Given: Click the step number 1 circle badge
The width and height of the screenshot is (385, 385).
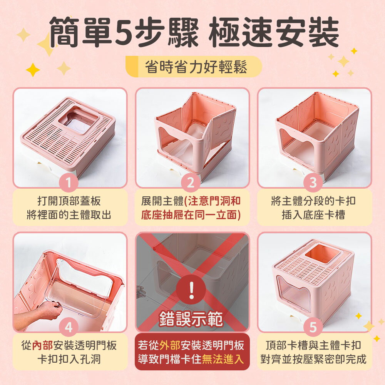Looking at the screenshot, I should click(x=69, y=184).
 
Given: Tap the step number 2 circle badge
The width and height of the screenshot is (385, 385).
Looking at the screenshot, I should click(x=191, y=184).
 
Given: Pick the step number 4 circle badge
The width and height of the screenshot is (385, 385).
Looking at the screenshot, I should click(x=69, y=328).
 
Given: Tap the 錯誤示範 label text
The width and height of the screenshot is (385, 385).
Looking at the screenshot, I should click(x=191, y=320).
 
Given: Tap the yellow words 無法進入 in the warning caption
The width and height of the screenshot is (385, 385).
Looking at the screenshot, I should click(x=223, y=359).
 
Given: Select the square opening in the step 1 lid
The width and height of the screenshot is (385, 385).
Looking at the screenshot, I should click(x=79, y=120).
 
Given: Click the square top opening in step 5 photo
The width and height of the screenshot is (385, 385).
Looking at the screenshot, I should click(x=322, y=254).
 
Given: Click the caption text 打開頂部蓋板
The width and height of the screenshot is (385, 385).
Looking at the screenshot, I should click(x=69, y=201).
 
